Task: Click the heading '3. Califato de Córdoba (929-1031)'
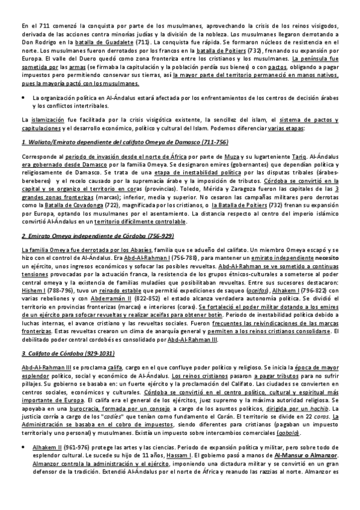pos(67,352)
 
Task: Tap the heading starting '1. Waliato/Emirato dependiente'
pos(115,143)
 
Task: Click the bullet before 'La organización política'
pos(23,96)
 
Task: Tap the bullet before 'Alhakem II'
pos(23,464)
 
